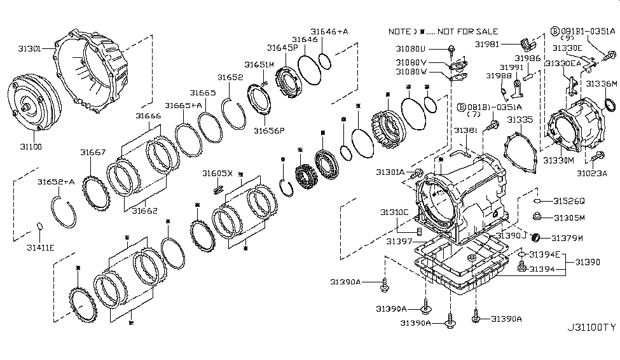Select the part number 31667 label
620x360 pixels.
coord(93,152)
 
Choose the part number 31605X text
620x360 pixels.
coord(218,173)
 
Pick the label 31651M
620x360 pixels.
coord(259,64)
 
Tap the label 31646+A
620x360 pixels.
coord(329,31)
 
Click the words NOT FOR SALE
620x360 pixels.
coord(468,31)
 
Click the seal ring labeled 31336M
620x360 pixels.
coord(609,104)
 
